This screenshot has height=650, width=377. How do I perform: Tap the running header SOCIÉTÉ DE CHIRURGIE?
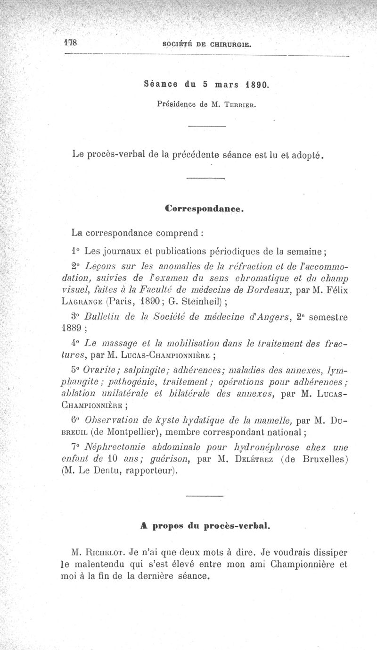pos(206,45)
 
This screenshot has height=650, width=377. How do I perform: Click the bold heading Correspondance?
pos(204,208)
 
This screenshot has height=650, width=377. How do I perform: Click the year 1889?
pos(73,329)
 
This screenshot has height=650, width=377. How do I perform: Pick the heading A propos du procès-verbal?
pos(205,524)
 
